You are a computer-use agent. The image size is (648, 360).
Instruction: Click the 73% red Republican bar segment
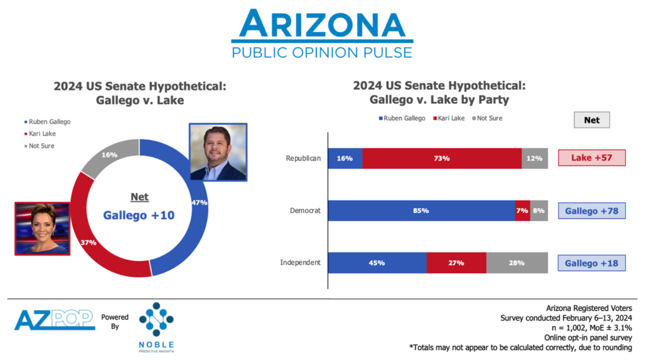442,158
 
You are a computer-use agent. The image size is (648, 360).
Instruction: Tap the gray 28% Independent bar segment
517,263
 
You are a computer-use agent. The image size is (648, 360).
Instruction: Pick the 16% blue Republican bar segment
345,158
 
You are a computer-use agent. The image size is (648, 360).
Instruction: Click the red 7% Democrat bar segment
523,211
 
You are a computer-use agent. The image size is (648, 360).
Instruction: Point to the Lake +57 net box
592,158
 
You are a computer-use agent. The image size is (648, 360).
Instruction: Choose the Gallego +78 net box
592,211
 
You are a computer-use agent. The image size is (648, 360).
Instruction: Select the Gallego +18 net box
592,263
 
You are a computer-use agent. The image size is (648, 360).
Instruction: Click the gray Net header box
592,120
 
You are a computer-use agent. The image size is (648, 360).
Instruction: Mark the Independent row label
301,263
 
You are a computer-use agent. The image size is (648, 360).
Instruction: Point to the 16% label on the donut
109,154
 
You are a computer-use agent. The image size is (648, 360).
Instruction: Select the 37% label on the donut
87,242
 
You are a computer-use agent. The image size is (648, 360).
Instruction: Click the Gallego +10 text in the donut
139,215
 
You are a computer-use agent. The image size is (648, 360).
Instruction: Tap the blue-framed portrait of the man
218,152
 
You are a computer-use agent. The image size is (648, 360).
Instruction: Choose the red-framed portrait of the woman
42,228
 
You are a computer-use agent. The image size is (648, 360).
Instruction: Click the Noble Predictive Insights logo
156,326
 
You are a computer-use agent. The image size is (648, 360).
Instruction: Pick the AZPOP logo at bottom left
54,321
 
